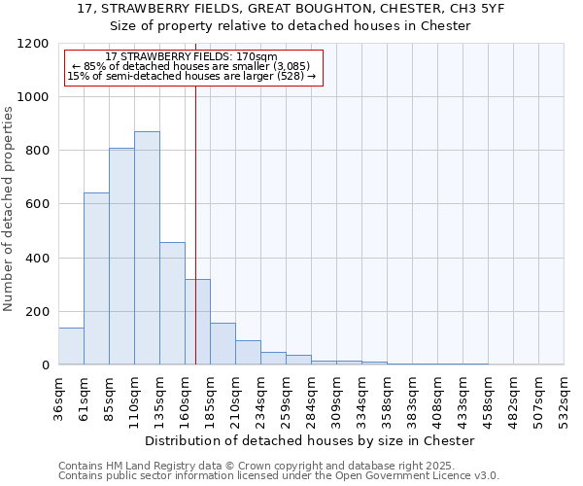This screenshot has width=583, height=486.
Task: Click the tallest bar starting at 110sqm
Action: (x=147, y=248)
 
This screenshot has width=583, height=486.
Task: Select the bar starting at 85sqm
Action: (x=121, y=257)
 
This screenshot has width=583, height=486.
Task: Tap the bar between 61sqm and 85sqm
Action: (x=96, y=279)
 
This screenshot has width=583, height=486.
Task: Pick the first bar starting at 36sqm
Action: (x=71, y=346)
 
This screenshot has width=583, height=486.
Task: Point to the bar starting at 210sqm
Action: (x=248, y=353)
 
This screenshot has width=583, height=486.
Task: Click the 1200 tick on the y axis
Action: (x=33, y=44)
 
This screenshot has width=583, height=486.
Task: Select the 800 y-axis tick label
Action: (x=37, y=151)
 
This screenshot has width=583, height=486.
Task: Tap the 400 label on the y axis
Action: (x=37, y=259)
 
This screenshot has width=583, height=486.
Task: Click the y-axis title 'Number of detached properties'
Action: (x=9, y=209)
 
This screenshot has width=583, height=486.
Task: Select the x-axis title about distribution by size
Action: (x=310, y=440)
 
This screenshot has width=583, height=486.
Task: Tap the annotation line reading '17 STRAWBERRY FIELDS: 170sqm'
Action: (x=191, y=57)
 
